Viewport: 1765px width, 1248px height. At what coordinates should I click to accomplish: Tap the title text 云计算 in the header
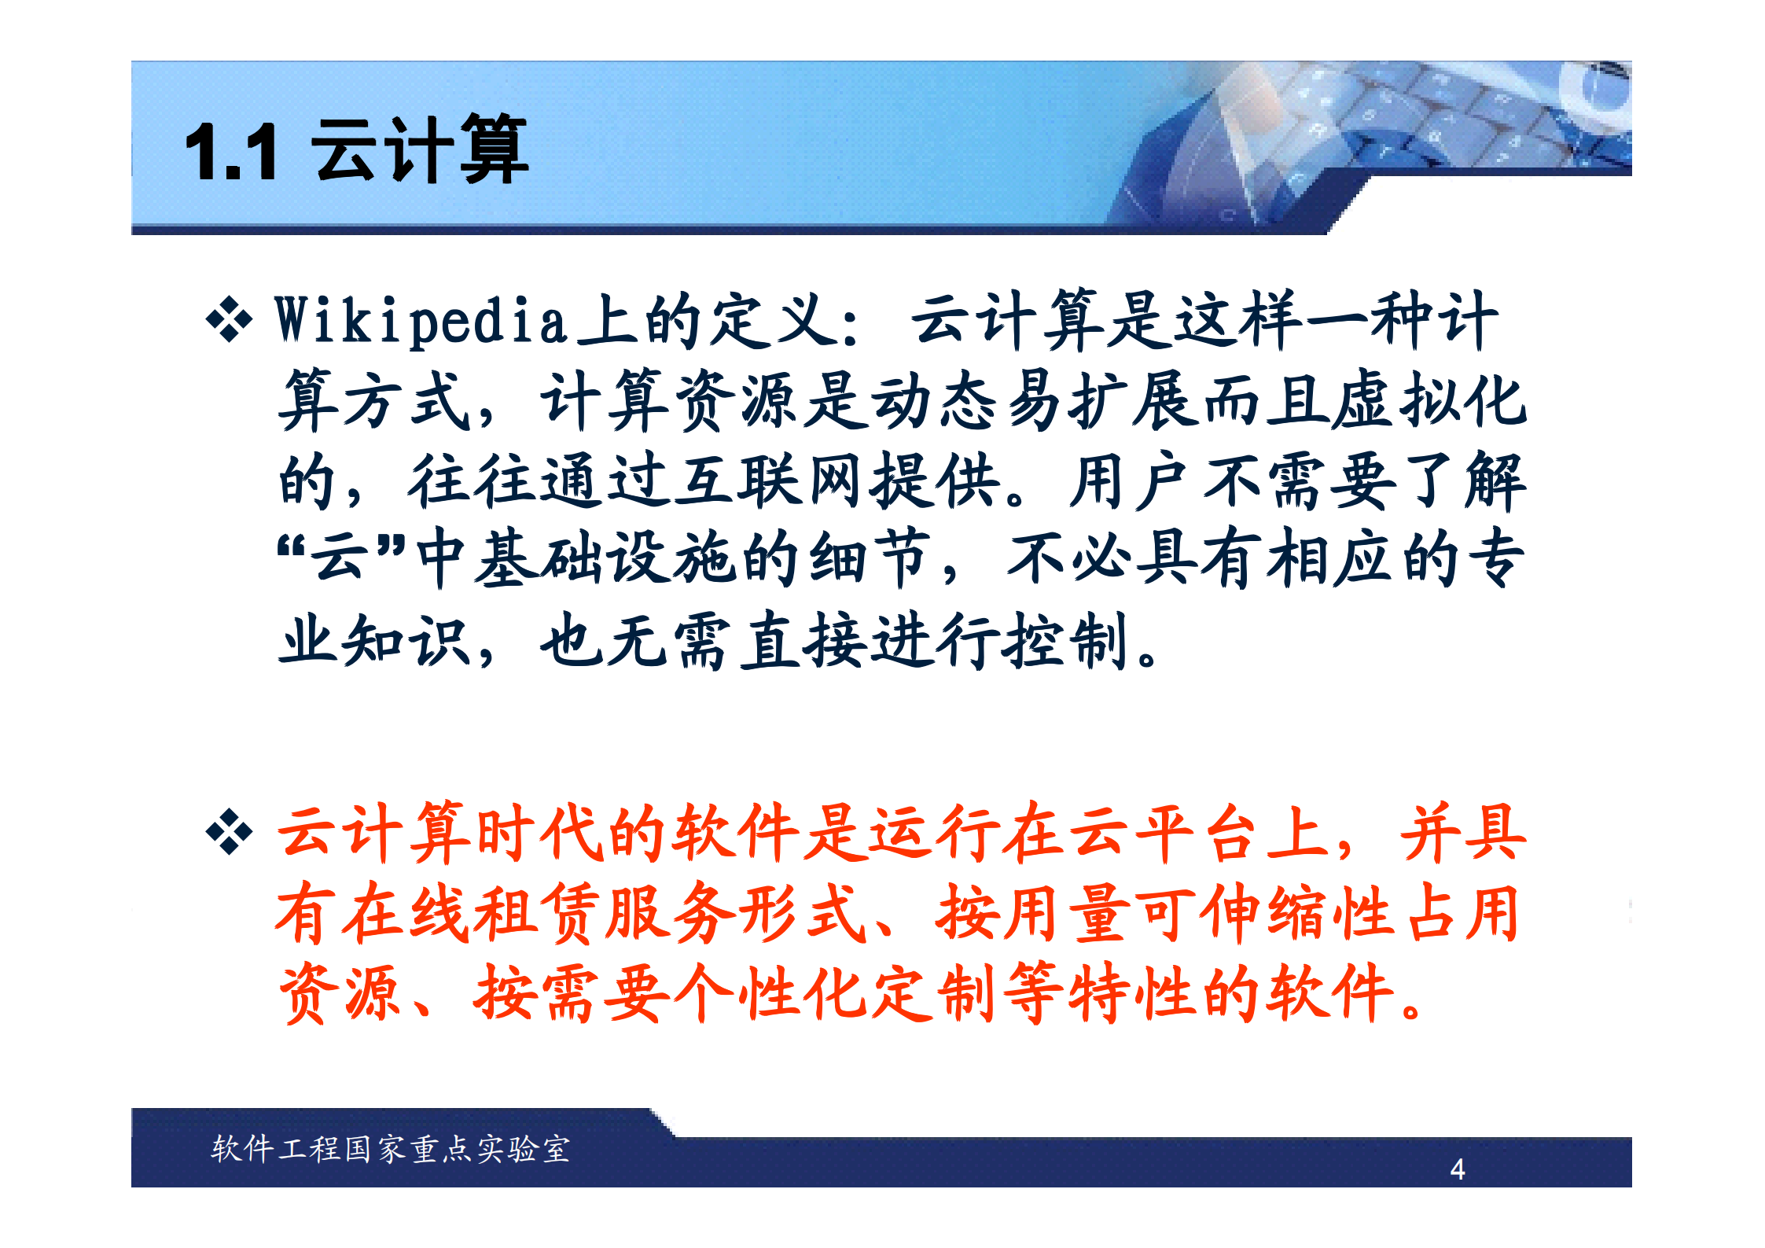[x=420, y=149]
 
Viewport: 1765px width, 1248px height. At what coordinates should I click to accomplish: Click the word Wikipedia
[x=421, y=322]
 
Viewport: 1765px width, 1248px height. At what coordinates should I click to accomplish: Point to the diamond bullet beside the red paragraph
[x=229, y=831]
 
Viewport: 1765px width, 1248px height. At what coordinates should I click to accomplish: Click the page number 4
[x=1457, y=1169]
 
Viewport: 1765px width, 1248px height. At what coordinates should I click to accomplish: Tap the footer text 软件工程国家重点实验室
[x=391, y=1149]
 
